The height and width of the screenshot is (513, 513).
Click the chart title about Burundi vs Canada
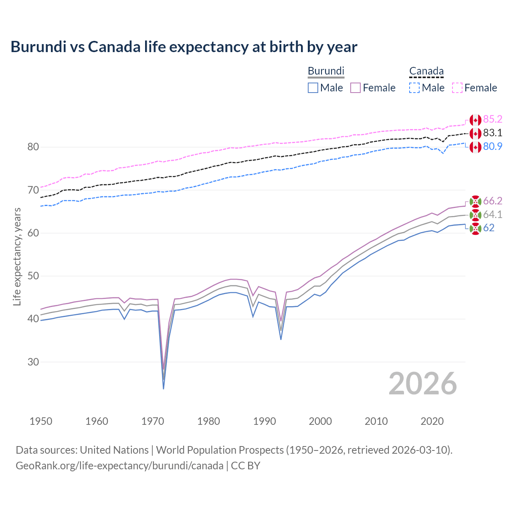click(x=184, y=47)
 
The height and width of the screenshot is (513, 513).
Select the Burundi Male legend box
click(x=313, y=88)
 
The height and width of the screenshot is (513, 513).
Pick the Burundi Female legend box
click(x=355, y=88)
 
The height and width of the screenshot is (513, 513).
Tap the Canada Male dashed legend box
click(x=414, y=88)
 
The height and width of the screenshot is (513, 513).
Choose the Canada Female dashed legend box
click(x=457, y=88)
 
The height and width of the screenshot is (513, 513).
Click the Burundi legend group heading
click(x=326, y=71)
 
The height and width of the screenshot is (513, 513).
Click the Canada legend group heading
click(x=426, y=71)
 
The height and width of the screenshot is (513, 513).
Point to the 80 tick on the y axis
click(x=33, y=147)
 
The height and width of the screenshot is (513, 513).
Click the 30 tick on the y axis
click(x=33, y=362)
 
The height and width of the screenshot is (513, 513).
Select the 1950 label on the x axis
click(x=41, y=421)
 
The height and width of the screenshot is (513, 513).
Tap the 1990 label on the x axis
click(x=265, y=421)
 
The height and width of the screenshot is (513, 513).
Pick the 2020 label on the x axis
click(x=432, y=421)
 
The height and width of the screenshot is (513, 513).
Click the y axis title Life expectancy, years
click(x=17, y=256)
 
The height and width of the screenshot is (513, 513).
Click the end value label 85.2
click(x=493, y=119)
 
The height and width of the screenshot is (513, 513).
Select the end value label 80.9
click(x=493, y=147)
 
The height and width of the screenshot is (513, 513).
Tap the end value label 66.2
click(x=493, y=201)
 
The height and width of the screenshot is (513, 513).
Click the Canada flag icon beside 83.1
click(x=475, y=133)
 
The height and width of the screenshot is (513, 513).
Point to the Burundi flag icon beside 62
click(x=475, y=228)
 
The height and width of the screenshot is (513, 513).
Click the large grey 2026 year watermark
click(x=422, y=384)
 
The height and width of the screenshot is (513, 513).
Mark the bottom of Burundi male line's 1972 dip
click(x=164, y=389)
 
